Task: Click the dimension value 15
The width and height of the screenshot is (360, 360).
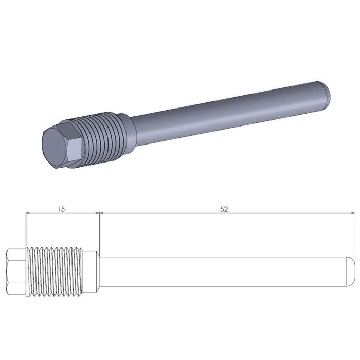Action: point(61,209)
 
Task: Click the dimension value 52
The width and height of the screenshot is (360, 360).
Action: point(224,209)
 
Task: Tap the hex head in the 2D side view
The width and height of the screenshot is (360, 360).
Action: point(16,272)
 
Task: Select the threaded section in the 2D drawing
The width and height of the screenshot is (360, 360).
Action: point(54,272)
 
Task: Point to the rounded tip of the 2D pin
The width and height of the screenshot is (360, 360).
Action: point(351,272)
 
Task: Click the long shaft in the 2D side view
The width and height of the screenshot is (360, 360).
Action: point(223,272)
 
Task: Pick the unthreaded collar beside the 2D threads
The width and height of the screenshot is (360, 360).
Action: point(91,272)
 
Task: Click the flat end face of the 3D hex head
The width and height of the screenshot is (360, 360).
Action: point(55,148)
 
